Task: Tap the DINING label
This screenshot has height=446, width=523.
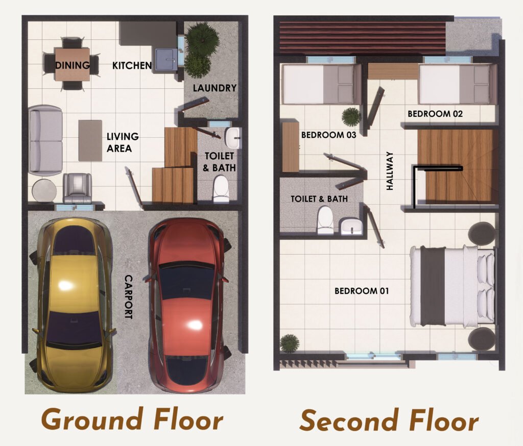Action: (x=73, y=65)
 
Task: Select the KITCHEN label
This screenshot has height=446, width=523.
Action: (x=132, y=65)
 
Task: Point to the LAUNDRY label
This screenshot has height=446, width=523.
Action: (x=215, y=88)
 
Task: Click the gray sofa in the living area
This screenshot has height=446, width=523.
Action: (x=45, y=139)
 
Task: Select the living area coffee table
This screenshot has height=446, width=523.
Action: (x=90, y=140)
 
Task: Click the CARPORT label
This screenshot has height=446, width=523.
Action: (x=128, y=297)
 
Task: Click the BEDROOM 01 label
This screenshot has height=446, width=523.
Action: (x=362, y=291)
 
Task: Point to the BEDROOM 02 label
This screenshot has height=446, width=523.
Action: (x=435, y=114)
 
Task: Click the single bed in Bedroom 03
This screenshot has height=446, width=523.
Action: (x=318, y=84)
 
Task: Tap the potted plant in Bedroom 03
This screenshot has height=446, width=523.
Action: (x=351, y=117)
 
